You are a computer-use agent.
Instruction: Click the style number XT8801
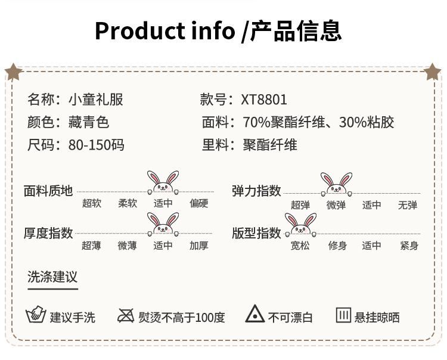coord(264,100)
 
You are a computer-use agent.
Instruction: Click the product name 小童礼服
coord(96,100)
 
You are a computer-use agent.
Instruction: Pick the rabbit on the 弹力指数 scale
coord(336,184)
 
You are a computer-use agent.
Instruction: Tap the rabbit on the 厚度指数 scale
coord(163,224)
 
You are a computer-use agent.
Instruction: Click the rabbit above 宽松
coord(300,224)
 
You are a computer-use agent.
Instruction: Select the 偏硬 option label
coord(199,203)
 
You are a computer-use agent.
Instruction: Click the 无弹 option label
coord(408,205)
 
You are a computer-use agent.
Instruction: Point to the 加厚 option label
coord(199,245)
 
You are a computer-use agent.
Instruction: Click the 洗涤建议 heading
coord(52,277)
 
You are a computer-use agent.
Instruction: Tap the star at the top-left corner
coord(13,72)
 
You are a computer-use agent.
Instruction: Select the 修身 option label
coord(337,245)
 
